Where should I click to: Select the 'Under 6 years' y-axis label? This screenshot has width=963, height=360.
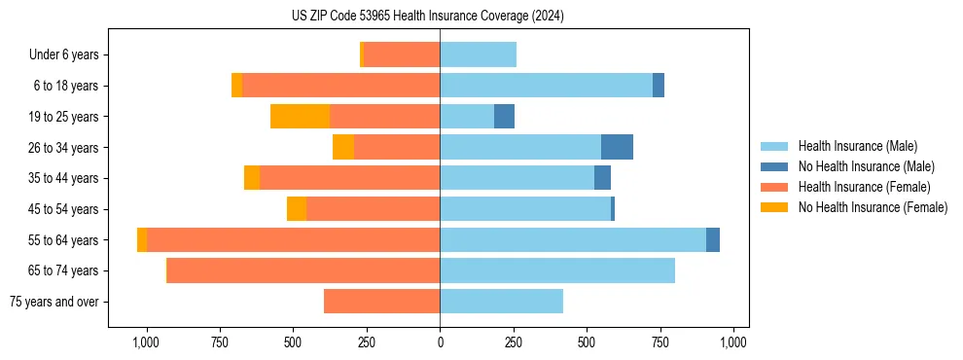point(64,54)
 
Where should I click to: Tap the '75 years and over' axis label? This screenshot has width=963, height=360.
point(54,302)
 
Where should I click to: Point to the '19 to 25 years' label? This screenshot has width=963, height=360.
point(63,117)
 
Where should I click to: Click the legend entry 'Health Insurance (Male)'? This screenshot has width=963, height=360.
point(857,146)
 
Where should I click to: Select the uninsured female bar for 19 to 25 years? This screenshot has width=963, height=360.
point(300,117)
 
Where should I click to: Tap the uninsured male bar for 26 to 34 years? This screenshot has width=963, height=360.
point(617,147)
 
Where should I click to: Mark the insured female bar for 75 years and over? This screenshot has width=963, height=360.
point(381,302)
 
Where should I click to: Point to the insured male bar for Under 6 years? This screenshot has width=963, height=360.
point(478,54)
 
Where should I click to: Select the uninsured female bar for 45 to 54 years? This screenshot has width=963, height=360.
point(297,209)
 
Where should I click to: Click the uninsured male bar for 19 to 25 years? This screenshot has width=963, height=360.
point(504,117)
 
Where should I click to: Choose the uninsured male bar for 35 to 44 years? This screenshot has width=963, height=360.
point(602,178)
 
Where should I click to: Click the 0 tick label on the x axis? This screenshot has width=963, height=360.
point(440,342)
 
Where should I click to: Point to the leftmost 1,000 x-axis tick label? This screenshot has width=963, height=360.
point(146,342)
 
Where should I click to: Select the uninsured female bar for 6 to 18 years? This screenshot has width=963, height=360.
point(236,86)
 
